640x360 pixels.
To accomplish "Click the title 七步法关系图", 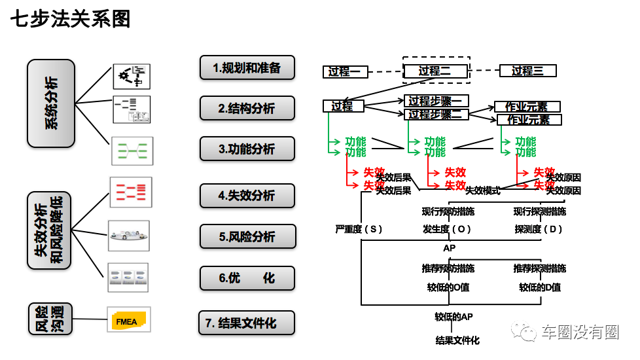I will [x=71, y=19].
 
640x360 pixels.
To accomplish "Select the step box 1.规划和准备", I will [x=247, y=67].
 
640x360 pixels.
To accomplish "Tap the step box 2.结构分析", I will [x=247, y=108].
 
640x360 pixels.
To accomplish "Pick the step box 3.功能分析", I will [x=247, y=149].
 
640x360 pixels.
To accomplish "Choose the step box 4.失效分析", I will [x=247, y=196].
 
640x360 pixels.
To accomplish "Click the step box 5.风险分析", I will [x=247, y=236].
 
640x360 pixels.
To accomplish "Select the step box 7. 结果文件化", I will [x=246, y=323].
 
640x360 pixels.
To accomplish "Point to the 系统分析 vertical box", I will [x=51, y=103].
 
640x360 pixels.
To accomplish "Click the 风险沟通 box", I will [x=51, y=319].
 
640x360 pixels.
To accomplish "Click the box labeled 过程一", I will [x=346, y=71].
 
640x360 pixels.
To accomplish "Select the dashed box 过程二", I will [x=435, y=71].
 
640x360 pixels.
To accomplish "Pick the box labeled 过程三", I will [x=527, y=71].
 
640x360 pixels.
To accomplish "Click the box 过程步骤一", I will [x=435, y=101].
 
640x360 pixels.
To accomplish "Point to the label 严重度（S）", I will [x=359, y=229].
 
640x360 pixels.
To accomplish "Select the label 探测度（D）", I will [x=539, y=229].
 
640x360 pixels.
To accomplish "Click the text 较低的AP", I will [x=453, y=317].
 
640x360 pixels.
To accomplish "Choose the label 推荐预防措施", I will [x=448, y=268].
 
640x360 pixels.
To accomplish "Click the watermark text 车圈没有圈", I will [x=580, y=333].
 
